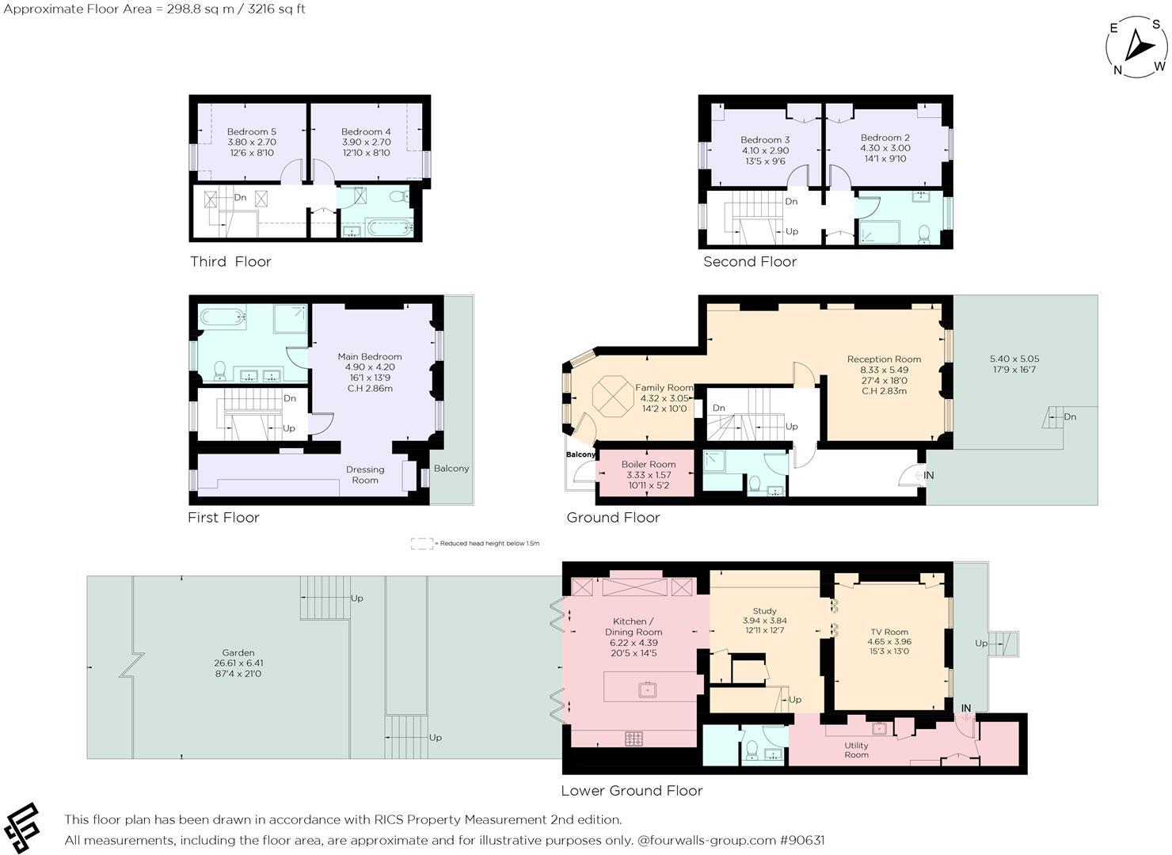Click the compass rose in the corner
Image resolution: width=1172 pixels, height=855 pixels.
pyautogui.click(x=1137, y=48)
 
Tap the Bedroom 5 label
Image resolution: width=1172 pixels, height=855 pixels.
pyautogui.click(x=251, y=131)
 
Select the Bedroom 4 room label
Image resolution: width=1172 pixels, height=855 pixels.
pyautogui.click(x=366, y=131)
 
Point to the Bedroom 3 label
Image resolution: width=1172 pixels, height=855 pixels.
pyautogui.click(x=765, y=139)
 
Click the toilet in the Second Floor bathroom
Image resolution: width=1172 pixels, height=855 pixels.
pyautogui.click(x=923, y=234)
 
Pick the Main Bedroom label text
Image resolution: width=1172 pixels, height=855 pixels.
pyautogui.click(x=369, y=356)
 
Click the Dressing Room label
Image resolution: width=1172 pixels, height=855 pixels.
pyautogui.click(x=365, y=474)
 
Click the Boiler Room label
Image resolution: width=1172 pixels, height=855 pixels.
pyautogui.click(x=649, y=464)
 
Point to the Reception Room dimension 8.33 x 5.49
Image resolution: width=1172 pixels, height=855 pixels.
pyautogui.click(x=884, y=370)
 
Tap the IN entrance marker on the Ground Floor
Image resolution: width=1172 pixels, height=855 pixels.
pyautogui.click(x=928, y=475)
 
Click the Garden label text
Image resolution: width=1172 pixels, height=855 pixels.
pyautogui.click(x=238, y=653)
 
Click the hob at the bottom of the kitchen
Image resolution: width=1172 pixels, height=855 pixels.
pyautogui.click(x=634, y=738)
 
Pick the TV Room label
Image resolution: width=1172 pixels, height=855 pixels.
pyautogui.click(x=888, y=632)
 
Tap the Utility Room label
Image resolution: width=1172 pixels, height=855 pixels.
pyautogui.click(x=856, y=750)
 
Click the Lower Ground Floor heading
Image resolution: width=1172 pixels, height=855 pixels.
pyautogui.click(x=631, y=790)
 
